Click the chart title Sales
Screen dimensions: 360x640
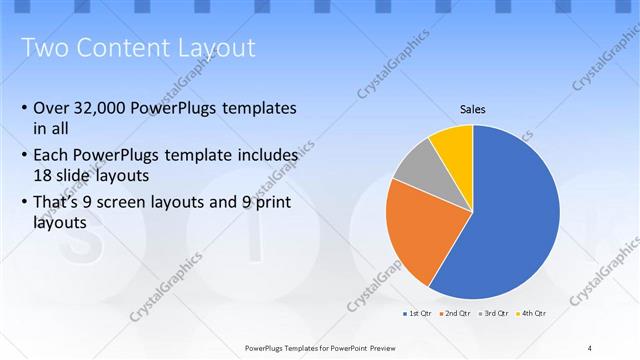tap(472, 109)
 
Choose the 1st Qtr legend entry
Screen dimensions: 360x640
tap(417, 314)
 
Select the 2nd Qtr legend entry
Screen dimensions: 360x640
tap(456, 314)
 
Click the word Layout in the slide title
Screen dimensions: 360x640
tap(211, 47)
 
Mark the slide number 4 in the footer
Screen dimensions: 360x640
tap(590, 347)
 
